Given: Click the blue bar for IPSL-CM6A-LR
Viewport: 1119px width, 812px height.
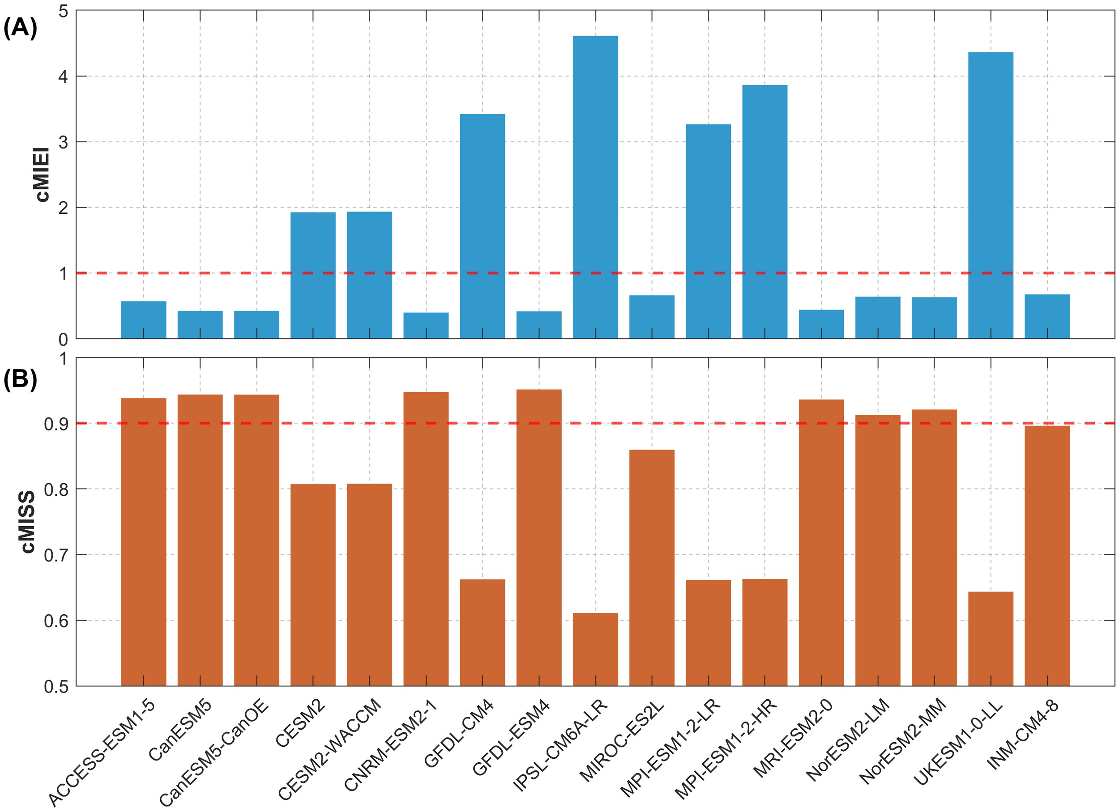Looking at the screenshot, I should coord(595,187).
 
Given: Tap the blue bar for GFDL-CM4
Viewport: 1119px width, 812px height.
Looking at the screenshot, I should coord(482,226).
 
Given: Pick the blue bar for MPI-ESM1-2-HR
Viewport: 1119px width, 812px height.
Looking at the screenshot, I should coord(765,212).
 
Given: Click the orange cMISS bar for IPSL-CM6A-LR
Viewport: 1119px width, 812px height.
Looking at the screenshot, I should coord(595,649).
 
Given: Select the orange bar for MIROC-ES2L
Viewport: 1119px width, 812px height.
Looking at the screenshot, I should coord(652,567).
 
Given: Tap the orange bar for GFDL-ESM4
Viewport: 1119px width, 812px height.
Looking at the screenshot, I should coord(539,537).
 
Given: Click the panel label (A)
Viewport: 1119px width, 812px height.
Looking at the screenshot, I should coord(20,28).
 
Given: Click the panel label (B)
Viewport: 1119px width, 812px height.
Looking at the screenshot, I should coord(20,380).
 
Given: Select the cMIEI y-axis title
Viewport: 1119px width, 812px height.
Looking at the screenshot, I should coord(43,174).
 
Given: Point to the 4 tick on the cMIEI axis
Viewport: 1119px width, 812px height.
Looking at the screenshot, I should coord(63,77).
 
